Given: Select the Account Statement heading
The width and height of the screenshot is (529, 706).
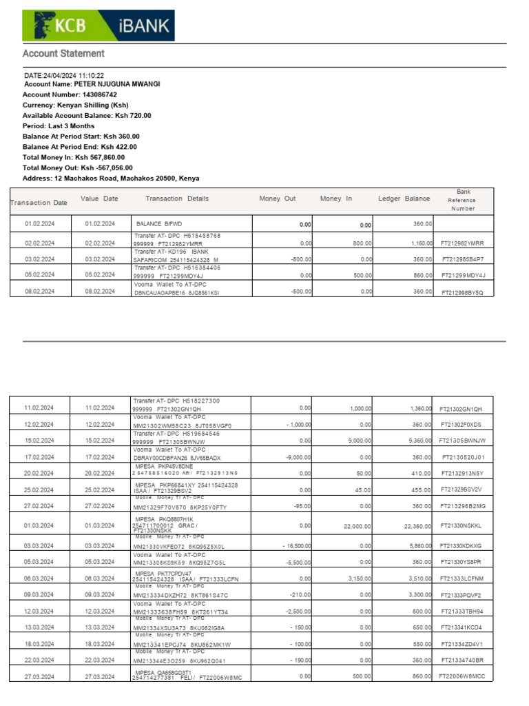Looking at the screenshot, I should (x=63, y=53).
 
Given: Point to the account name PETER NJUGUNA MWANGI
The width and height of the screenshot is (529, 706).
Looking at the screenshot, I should (x=116, y=84).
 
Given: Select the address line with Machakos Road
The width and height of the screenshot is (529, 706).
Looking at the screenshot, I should (x=111, y=178).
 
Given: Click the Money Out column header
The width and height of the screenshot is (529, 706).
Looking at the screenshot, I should (x=277, y=199).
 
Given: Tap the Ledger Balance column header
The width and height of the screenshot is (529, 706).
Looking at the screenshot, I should (x=404, y=199).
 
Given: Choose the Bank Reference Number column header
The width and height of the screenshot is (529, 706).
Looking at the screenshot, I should (x=463, y=200).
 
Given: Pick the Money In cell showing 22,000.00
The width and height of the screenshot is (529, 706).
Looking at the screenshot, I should (x=355, y=526).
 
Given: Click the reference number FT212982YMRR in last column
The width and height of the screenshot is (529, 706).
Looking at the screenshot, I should (x=462, y=243).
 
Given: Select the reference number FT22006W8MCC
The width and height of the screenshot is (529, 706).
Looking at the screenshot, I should (x=461, y=677).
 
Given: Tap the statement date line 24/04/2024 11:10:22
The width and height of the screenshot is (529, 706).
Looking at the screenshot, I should (x=64, y=75).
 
